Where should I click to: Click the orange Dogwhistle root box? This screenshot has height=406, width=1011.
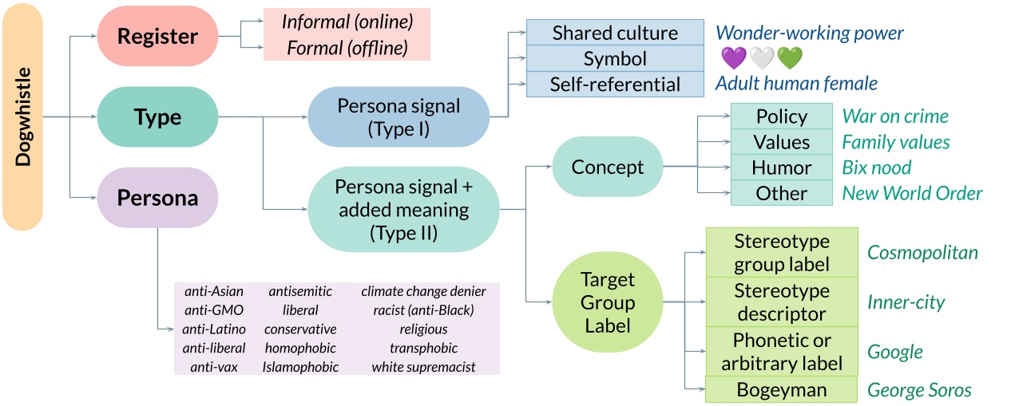(x=22, y=116)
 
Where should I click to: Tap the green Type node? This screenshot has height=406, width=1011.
(x=157, y=116)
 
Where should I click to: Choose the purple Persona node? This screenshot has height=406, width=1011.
(x=157, y=198)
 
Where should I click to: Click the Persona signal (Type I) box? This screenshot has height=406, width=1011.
(x=398, y=116)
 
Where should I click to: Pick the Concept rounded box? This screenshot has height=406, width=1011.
(x=608, y=167)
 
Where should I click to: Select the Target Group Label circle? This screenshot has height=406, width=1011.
(x=608, y=302)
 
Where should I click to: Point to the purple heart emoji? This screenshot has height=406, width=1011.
(x=733, y=58)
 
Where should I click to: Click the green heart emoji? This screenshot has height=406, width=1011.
(x=789, y=58)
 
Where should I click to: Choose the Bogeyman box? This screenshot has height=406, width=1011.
(x=781, y=389)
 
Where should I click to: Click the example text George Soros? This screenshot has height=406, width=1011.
(x=919, y=390)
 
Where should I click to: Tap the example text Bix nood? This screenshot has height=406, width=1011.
(x=876, y=168)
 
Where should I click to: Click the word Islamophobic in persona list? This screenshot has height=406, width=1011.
(x=300, y=367)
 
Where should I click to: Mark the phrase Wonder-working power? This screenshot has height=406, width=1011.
(x=809, y=33)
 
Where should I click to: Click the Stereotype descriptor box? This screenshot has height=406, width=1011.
(x=781, y=302)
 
